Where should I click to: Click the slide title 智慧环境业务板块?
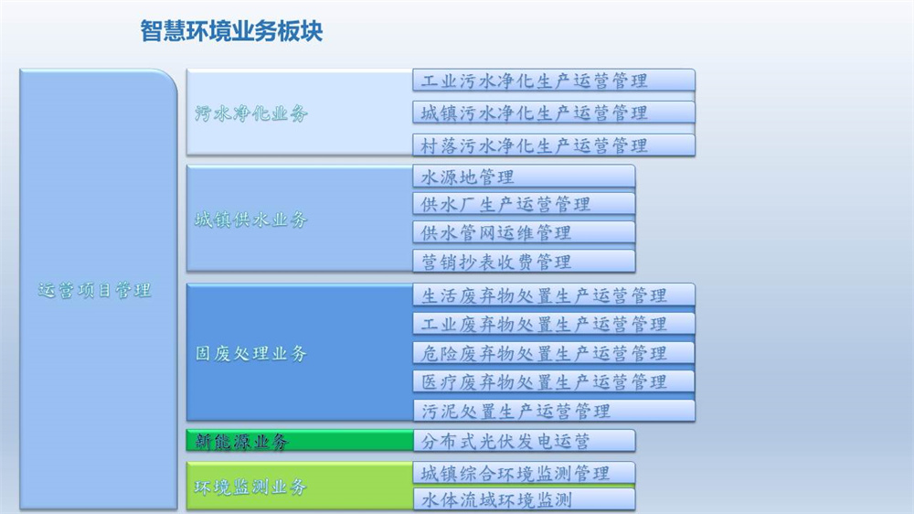point(231,31)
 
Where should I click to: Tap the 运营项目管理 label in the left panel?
point(94,290)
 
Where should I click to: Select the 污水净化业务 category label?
point(250,113)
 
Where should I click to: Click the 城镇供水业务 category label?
point(250,220)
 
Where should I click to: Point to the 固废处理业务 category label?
point(250,353)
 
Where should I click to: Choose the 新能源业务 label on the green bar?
point(241,441)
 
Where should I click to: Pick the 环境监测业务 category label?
point(250,487)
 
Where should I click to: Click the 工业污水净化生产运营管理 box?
point(554,80)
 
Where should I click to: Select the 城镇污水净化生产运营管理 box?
point(554,112)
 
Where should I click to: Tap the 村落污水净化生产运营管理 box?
point(554,145)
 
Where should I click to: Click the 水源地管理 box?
point(524,177)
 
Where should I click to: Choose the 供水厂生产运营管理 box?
point(524,204)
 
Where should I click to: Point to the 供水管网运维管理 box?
point(524,232)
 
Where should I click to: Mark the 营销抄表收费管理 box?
point(524,262)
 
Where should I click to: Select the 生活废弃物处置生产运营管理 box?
point(554,295)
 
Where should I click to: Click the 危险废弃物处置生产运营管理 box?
point(554,353)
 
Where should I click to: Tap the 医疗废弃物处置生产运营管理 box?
point(554,381)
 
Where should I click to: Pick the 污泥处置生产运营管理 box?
point(554,411)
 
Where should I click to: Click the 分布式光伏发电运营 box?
point(524,441)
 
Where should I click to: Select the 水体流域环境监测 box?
point(524,499)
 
